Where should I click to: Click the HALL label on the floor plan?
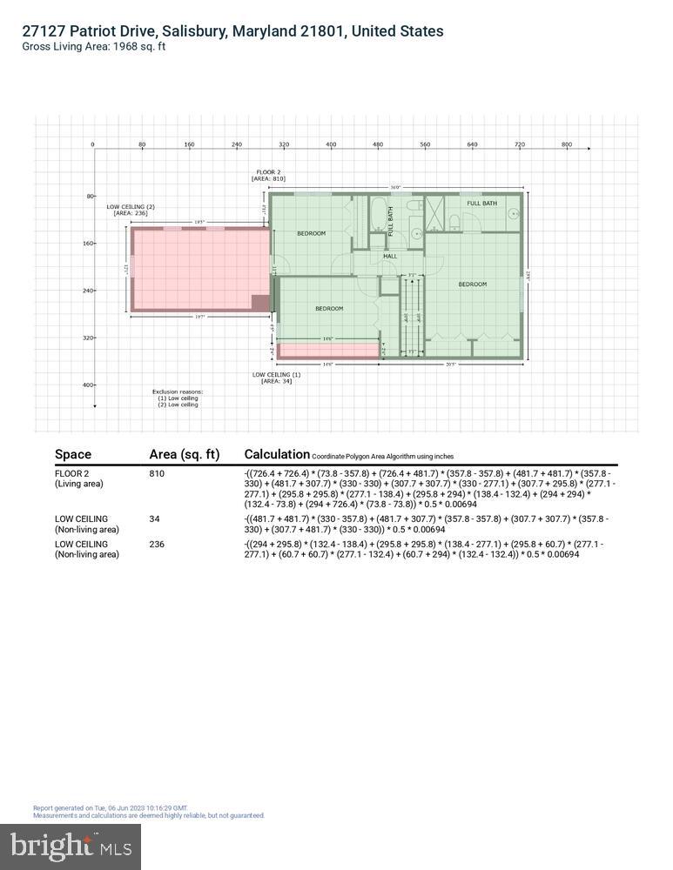click(390, 256)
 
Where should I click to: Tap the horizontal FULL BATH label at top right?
click(481, 204)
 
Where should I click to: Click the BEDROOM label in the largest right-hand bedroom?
click(473, 284)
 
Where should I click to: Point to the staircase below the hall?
click(412, 318)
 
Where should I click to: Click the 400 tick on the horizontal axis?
click(331, 144)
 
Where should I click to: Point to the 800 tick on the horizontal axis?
click(567, 144)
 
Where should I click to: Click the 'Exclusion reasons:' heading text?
click(177, 391)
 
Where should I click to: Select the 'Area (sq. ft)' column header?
click(184, 454)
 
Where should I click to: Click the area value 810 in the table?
click(157, 474)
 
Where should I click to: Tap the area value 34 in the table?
click(155, 519)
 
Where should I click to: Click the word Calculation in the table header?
click(277, 454)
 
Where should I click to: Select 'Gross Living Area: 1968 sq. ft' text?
click(94, 47)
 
